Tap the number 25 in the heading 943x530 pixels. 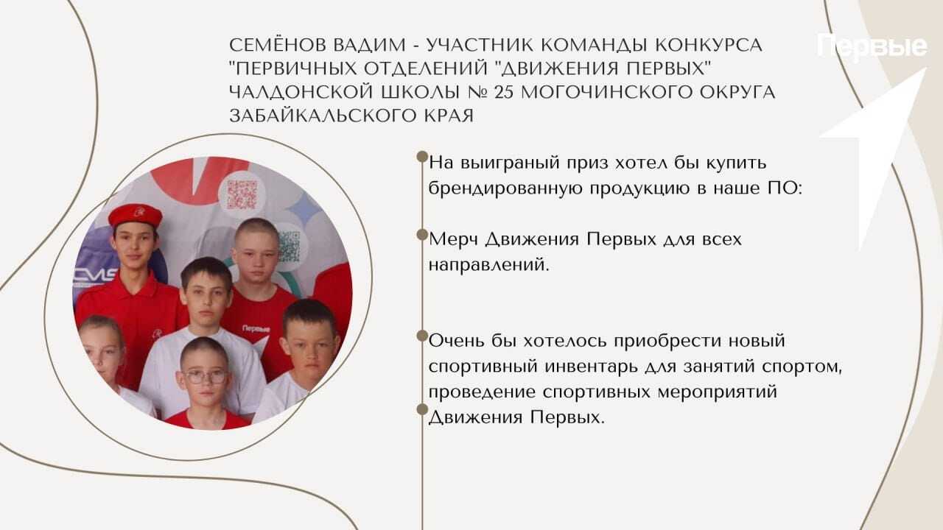(x=504, y=92)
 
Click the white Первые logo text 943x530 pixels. (x=872, y=47)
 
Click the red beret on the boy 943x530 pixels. (x=135, y=215)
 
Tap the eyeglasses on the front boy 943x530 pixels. (x=205, y=376)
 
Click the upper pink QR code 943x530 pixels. (x=242, y=194)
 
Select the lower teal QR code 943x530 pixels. (x=289, y=247)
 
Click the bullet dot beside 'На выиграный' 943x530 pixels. (x=422, y=157)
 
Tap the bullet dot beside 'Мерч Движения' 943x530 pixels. (x=422, y=235)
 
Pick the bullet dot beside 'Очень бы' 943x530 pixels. (x=422, y=336)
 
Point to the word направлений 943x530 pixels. (x=488, y=266)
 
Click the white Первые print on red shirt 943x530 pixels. (x=256, y=328)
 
